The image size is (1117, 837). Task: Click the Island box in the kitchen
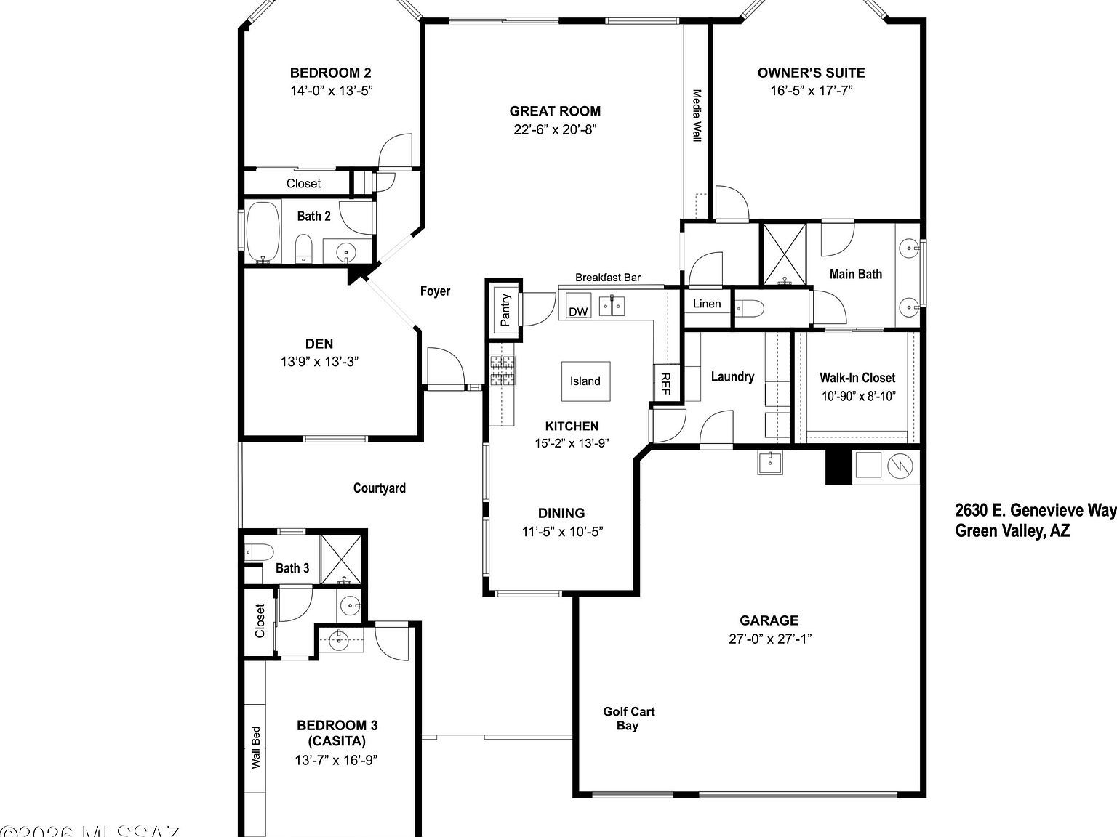click(x=585, y=381)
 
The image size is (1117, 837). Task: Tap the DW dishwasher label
click(x=578, y=312)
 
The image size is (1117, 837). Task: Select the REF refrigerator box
click(x=665, y=383)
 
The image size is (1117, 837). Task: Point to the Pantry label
click(x=505, y=310)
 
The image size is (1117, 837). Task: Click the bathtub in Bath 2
click(x=262, y=232)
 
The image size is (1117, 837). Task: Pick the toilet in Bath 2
click(x=304, y=248)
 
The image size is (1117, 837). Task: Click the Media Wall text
click(x=697, y=116)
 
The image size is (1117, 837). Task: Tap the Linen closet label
click(x=707, y=304)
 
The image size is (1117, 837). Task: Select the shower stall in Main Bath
click(x=784, y=254)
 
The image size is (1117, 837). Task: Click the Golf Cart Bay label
click(x=628, y=719)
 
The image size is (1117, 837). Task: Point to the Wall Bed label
click(x=256, y=748)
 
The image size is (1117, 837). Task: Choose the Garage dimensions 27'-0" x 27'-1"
click(x=769, y=639)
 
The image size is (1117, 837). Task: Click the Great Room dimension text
click(x=555, y=130)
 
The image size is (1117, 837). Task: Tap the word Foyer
click(x=435, y=291)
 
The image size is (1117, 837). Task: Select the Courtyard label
click(x=380, y=488)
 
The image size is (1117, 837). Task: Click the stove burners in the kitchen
click(x=502, y=370)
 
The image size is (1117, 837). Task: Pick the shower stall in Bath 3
click(x=341, y=559)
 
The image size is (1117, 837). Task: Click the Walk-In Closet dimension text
click(x=858, y=397)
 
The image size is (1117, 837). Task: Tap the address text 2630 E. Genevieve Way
click(x=1035, y=511)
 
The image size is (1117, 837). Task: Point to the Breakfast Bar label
click(x=608, y=278)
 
